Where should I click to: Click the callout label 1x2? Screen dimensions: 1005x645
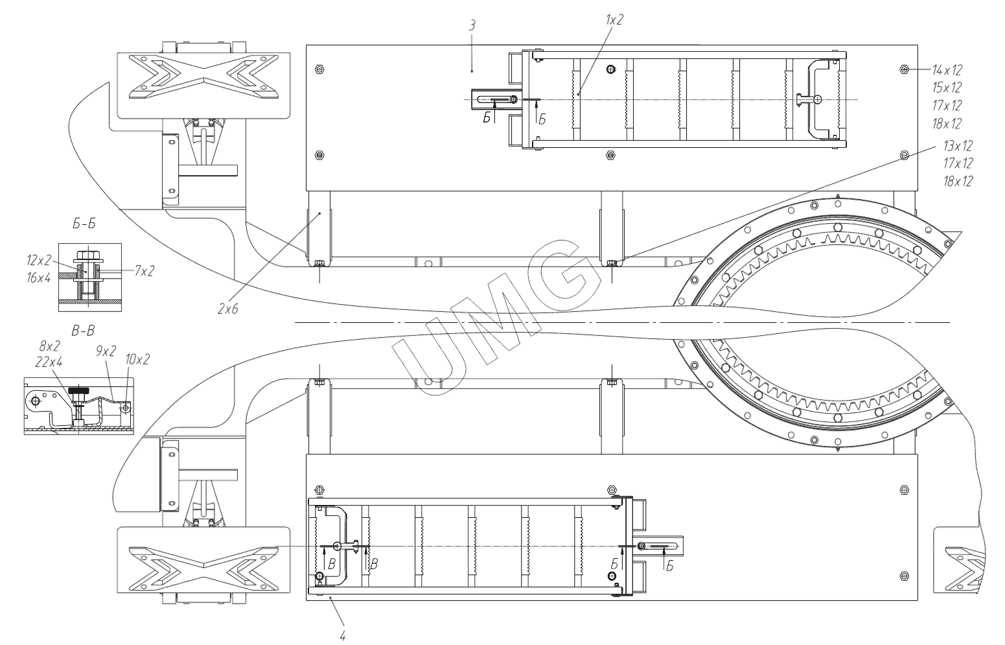614,20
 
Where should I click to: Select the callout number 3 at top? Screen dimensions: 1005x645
472,25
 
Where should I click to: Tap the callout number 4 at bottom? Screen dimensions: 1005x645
343,635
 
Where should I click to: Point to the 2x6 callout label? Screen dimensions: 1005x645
228,309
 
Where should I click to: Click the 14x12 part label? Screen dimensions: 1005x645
947,70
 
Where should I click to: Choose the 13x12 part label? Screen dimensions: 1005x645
958,146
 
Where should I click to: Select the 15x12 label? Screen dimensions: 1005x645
947,88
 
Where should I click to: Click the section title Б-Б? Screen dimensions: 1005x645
84,224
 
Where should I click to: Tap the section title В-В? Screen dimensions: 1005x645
84,331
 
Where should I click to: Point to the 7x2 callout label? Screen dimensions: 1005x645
144,271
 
